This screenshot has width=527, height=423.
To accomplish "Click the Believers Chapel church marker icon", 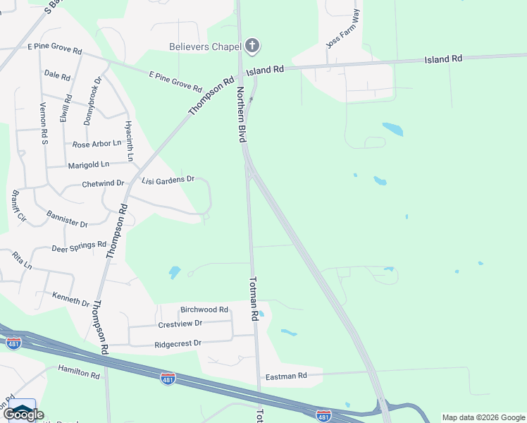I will pos(252,47).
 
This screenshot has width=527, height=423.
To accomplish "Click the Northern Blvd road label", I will pos(240,116).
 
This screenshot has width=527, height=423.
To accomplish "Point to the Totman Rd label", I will pos(254,299).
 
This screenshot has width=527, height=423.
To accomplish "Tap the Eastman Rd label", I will pos(286,376).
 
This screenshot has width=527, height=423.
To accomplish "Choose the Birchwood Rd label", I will pos(204,309).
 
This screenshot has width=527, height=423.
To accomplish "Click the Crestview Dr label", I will pos(180,323).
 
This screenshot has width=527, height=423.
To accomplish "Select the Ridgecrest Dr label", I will pos(178,343).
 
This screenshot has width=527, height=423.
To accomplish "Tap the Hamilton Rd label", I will pos(79,372).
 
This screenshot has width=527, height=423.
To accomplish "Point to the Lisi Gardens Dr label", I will pos(168,180).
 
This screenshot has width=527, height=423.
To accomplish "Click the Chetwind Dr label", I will pos(103,183).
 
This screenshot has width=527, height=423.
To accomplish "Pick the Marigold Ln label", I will pos(89,165).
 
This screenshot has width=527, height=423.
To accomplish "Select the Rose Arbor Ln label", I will pos(97,144).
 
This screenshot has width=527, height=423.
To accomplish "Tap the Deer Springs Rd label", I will pos(79,247).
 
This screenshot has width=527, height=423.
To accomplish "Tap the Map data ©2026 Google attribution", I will pos(483,417).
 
